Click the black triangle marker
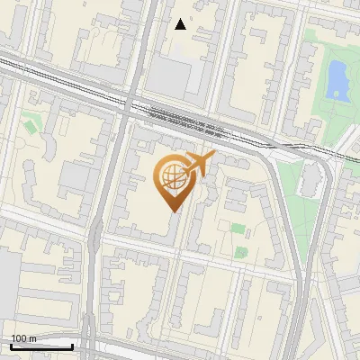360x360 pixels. coord(181,24)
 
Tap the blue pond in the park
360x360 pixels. coord(337,80)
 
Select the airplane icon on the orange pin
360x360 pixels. coord(199,165)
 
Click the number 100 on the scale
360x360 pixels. coord(20,338)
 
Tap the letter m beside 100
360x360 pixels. coord(33,338)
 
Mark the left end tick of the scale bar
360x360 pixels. coord(11,346)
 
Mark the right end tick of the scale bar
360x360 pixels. coord(72,346)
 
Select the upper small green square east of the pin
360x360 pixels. coord(238,228)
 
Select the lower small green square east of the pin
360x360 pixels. coord(241,252)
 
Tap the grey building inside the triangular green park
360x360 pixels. coord(310,180)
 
